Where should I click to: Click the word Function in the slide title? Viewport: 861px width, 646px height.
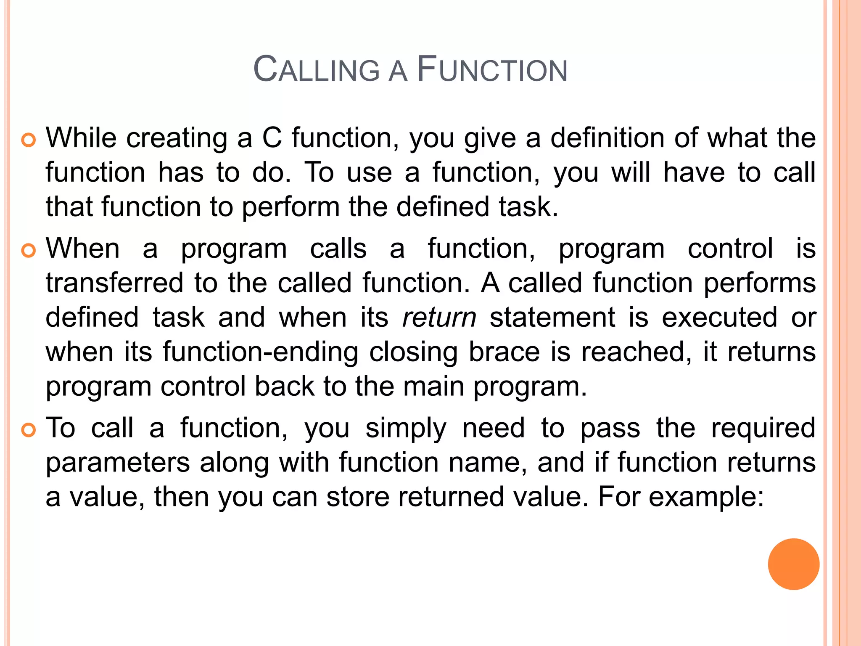[x=492, y=70]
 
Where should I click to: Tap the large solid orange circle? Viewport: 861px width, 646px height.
[x=793, y=564]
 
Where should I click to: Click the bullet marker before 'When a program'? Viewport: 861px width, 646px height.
[x=29, y=251]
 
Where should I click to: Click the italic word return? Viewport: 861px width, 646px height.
[x=439, y=317]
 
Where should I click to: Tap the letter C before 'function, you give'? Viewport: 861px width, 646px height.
[x=272, y=138]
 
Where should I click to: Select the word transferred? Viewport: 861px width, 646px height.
[x=114, y=283]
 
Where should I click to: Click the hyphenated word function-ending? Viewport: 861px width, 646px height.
[x=261, y=352]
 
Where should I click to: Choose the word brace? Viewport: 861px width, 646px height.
[x=504, y=352]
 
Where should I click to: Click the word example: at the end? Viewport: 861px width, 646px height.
[x=706, y=497]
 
